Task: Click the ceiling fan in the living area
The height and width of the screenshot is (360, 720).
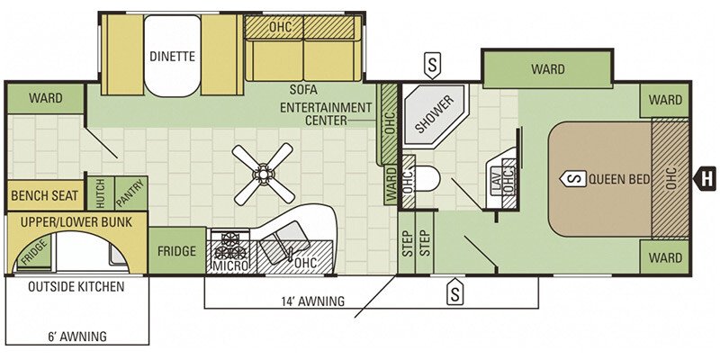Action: [263, 173]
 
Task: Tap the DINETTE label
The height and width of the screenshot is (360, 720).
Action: [172, 57]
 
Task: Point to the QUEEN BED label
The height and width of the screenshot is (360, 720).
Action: [619, 179]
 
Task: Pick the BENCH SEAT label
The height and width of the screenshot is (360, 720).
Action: [44, 196]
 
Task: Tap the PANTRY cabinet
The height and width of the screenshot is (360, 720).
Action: [130, 193]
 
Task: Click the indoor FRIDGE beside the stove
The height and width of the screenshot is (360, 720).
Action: [176, 251]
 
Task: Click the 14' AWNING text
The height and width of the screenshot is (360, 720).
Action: [312, 301]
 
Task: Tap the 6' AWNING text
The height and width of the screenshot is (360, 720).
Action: [77, 336]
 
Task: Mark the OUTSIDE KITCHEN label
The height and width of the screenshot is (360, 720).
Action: [76, 287]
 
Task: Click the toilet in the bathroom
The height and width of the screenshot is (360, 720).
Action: [426, 178]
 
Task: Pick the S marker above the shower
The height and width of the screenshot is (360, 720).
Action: [432, 65]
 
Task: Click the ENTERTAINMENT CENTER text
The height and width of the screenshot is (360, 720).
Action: [327, 114]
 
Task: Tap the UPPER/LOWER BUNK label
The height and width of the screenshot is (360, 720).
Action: [76, 221]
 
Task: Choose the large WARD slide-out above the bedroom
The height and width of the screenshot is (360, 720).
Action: [548, 69]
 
